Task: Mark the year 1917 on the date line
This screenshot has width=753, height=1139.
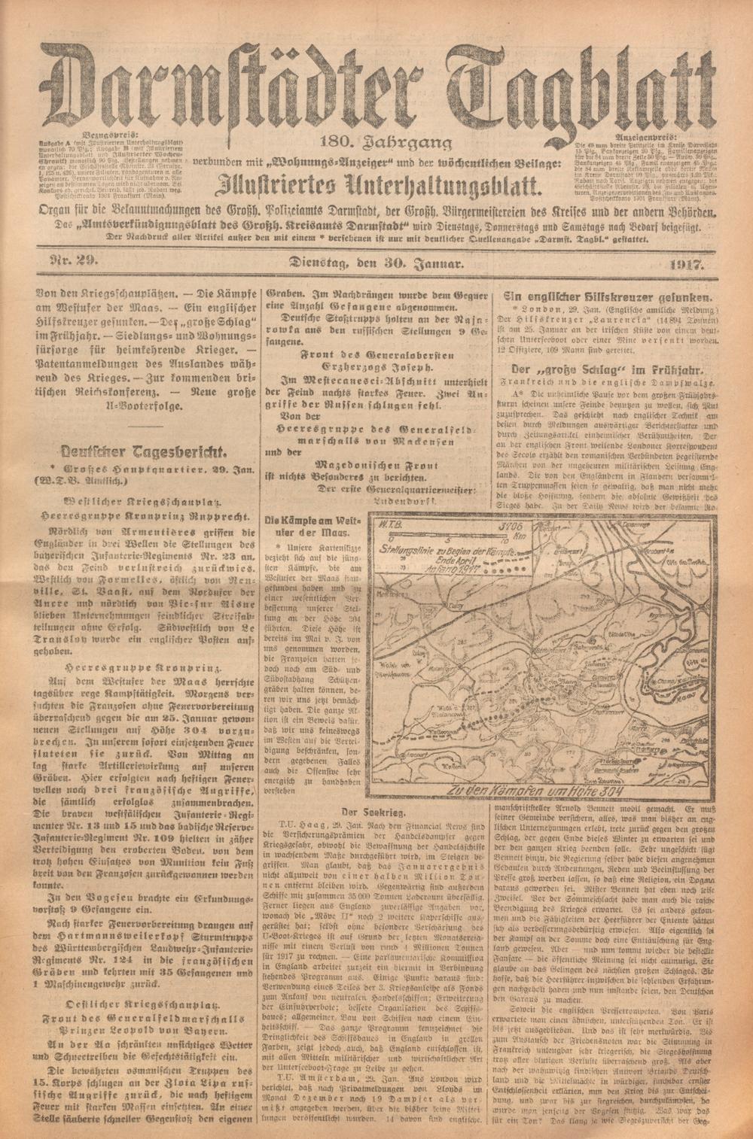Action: [x=684, y=264]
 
